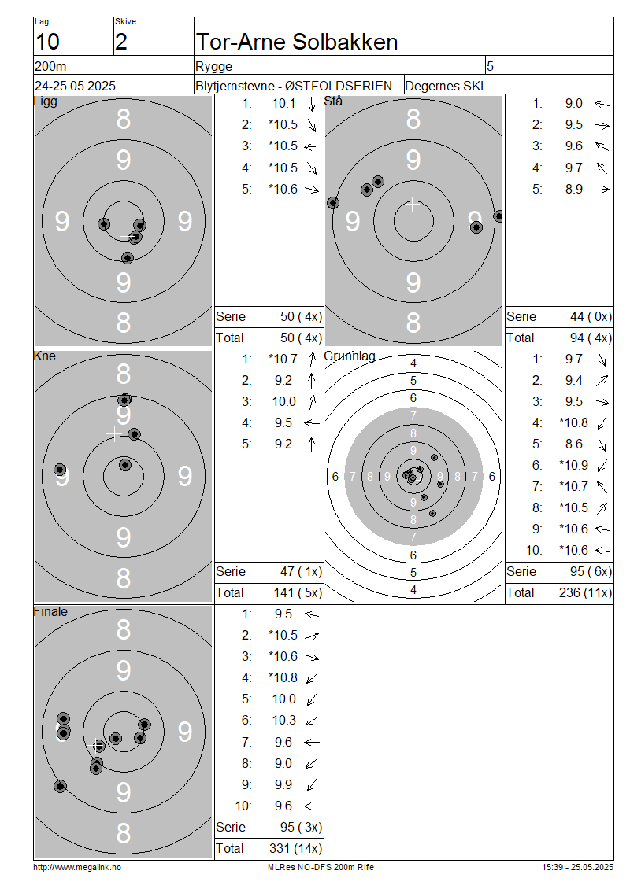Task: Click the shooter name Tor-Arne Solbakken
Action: click(297, 42)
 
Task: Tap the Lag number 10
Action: click(47, 42)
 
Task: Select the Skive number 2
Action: click(121, 42)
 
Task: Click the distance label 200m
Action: click(50, 66)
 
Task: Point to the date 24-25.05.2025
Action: click(75, 87)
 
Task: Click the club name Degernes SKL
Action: click(446, 87)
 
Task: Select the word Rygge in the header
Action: click(213, 67)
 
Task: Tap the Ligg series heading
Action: click(46, 101)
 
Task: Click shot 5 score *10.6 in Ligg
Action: click(283, 190)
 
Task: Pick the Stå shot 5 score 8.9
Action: click(574, 190)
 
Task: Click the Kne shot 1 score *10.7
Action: click(283, 359)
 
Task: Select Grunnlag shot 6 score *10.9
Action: click(573, 466)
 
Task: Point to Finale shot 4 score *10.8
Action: click(283, 678)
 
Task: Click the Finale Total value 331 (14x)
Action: click(295, 849)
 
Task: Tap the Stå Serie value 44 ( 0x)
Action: click(591, 317)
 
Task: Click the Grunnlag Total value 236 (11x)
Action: click(585, 593)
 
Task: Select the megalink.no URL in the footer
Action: click(77, 868)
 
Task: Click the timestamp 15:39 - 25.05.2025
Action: click(577, 868)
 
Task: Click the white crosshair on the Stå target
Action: click(413, 205)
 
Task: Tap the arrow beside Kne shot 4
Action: click(312, 423)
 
